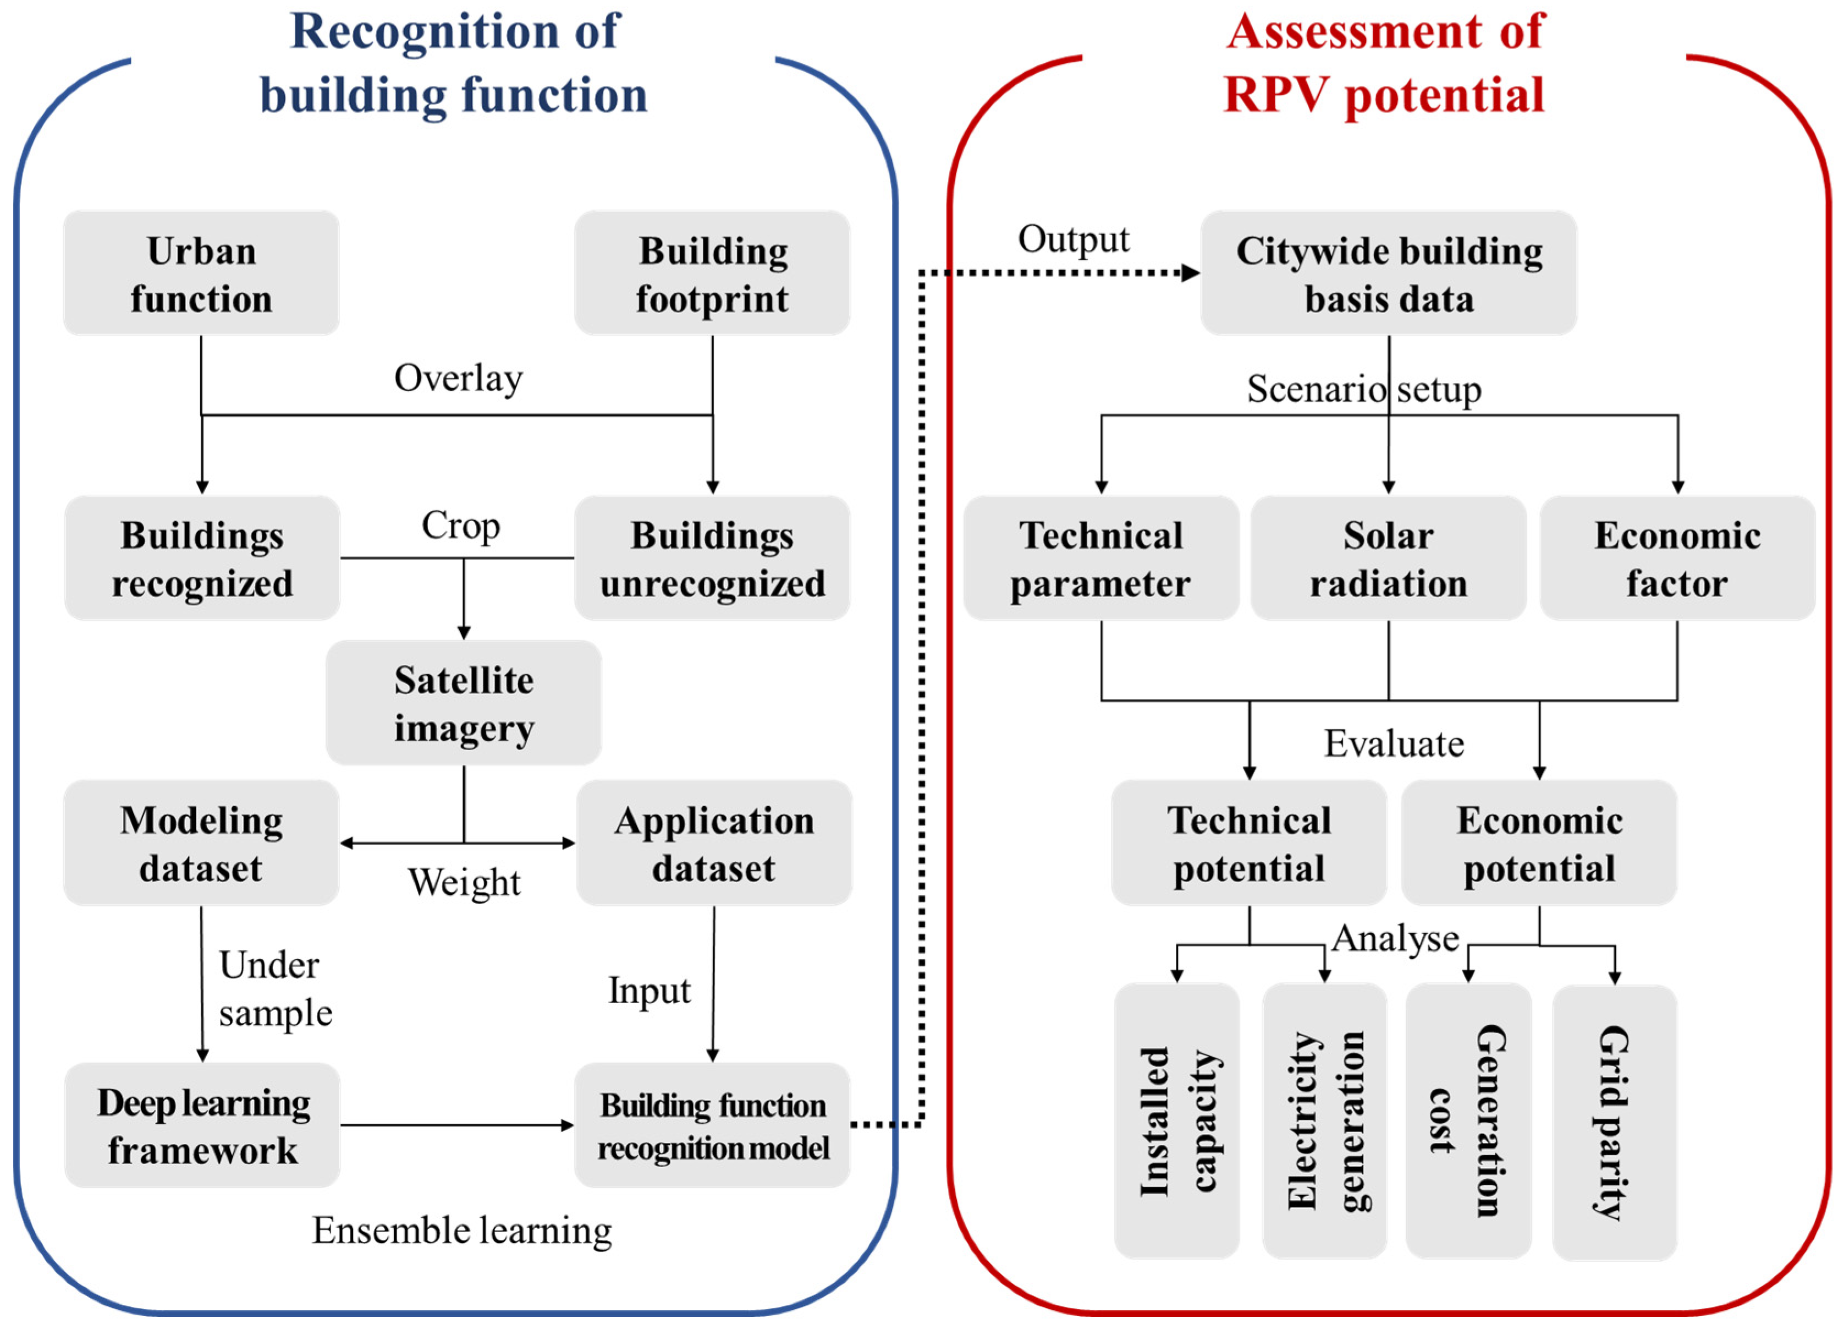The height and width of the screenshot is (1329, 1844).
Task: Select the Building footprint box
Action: pos(712,274)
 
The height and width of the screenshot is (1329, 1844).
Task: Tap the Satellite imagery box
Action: pos(464,703)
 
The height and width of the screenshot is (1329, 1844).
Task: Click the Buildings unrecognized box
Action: pos(712,559)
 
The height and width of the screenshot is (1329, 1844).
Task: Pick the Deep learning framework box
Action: pos(202,1126)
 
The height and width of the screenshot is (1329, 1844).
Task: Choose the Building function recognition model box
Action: pos(712,1126)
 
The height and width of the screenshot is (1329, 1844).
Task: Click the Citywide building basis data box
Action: pos(1388,274)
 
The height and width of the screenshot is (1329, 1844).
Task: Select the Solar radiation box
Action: pos(1388,559)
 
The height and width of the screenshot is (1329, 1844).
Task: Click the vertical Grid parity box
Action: pos(1614,1123)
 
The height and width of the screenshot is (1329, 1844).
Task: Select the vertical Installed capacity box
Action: pos(1176,1123)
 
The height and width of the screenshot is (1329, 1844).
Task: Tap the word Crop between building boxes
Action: pos(460,526)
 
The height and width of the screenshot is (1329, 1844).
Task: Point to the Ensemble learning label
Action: pos(462,1230)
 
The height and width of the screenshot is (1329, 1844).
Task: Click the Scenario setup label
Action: pos(1364,390)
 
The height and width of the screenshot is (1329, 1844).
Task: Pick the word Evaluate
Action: pos(1394,743)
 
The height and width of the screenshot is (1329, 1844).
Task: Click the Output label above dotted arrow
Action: pos(1073,239)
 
